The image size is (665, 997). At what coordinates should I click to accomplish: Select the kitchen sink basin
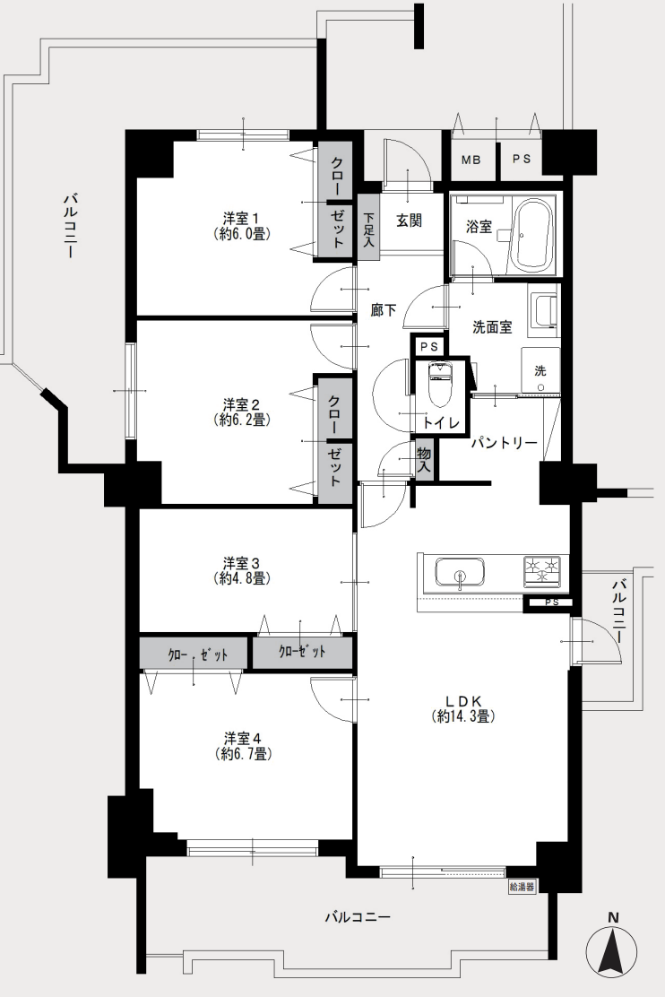tap(459, 573)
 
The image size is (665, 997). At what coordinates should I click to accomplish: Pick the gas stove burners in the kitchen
tap(542, 569)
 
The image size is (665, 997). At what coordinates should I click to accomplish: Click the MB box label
tap(471, 160)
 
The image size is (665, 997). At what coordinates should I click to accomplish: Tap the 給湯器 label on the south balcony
tap(522, 887)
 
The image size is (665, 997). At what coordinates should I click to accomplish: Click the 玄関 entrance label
tap(409, 221)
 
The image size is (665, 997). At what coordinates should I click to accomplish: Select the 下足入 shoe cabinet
tap(368, 226)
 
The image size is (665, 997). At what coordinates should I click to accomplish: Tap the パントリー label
tap(505, 443)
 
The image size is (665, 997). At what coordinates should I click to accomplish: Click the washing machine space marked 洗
tap(540, 370)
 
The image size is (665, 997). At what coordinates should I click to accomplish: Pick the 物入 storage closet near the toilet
tap(424, 459)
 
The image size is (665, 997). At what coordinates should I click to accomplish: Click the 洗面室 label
tap(492, 327)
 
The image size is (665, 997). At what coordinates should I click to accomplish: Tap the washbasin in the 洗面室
tap(544, 310)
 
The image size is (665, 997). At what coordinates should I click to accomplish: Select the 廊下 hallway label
tap(384, 310)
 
